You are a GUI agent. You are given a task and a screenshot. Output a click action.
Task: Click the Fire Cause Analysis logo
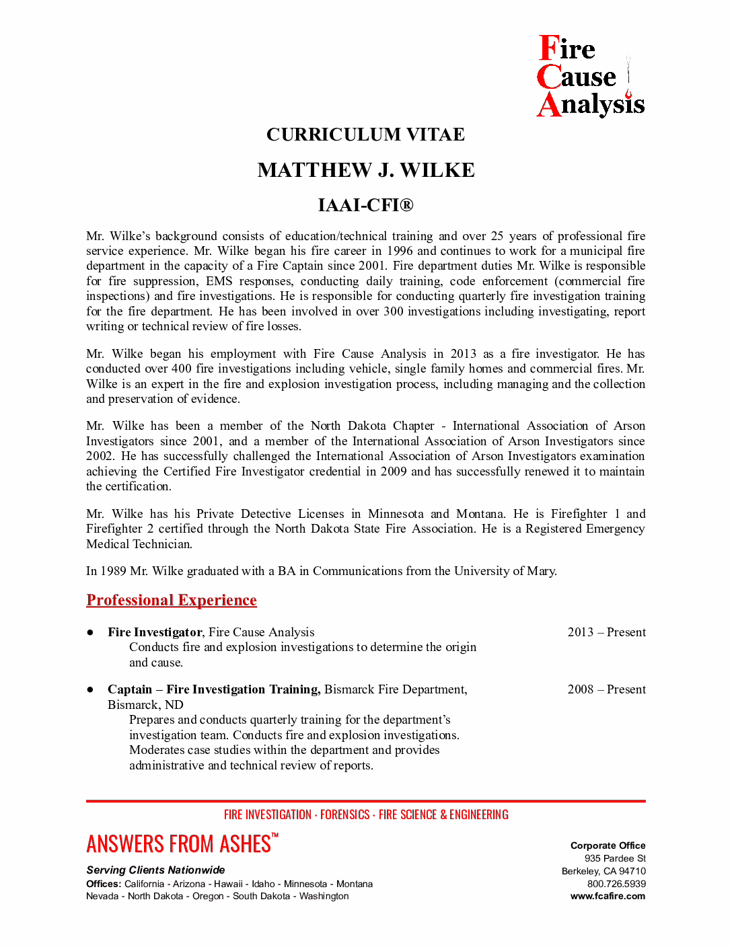point(590,77)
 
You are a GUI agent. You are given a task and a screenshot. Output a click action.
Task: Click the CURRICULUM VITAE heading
point(365,135)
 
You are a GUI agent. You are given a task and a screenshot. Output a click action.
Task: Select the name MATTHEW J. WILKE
point(365,170)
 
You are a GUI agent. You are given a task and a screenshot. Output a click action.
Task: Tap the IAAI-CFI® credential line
point(365,205)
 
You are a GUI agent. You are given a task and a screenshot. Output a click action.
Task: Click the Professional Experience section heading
point(172,600)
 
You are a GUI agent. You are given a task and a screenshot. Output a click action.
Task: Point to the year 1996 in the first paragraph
point(400,251)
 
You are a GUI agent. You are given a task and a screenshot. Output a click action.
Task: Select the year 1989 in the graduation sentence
point(113,571)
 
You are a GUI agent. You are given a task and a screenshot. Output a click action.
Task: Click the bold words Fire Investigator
point(155,632)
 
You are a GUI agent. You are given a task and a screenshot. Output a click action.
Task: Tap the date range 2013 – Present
point(606,632)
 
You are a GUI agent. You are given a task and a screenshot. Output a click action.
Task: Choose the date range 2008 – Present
point(606,689)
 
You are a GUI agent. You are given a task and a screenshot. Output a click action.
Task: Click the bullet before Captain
point(90,689)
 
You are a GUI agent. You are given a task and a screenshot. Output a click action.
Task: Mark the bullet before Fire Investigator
point(90,632)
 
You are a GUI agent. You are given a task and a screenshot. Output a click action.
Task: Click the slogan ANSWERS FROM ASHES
point(179,844)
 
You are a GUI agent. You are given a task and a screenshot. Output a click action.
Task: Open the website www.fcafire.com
point(608,896)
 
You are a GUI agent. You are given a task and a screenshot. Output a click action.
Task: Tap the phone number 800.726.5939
point(616,884)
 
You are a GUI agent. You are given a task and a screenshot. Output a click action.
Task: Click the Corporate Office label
point(608,845)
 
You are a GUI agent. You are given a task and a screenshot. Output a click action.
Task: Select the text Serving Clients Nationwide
point(155,870)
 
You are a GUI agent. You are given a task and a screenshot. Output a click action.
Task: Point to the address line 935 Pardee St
point(615,858)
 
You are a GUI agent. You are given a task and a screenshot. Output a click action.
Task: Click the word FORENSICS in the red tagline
point(344,815)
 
